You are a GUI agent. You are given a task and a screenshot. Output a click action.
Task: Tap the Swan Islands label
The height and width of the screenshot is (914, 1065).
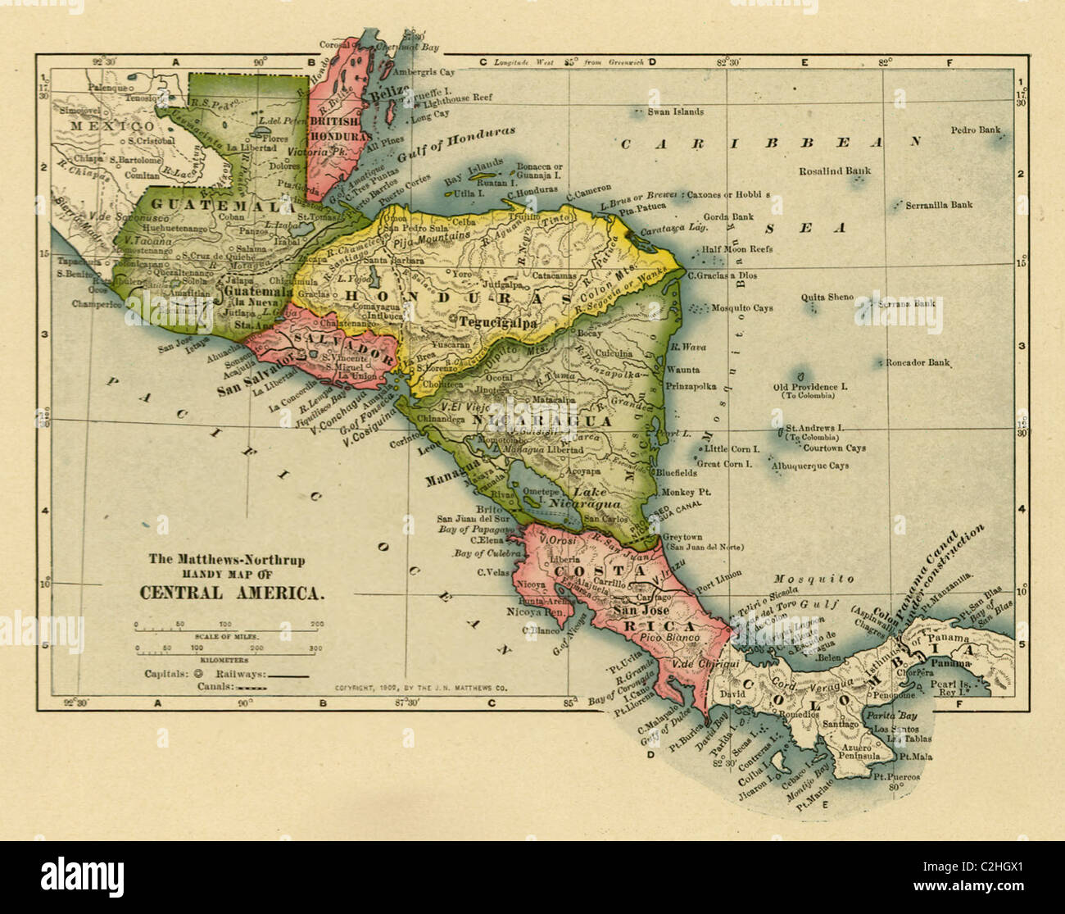pos(675,111)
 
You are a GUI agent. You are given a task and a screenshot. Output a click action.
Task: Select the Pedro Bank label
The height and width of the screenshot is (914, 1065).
pos(975,130)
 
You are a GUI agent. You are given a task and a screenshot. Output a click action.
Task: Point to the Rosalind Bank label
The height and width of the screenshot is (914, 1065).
pos(835,171)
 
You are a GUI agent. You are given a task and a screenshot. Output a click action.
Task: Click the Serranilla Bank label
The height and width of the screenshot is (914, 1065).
pos(939,205)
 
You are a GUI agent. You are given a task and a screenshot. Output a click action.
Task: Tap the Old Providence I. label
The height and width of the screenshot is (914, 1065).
pos(805,387)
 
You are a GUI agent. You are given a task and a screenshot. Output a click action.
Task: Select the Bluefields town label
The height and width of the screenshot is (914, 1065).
pos(676,473)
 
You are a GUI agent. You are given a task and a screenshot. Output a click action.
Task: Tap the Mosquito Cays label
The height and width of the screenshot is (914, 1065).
pos(741,309)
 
